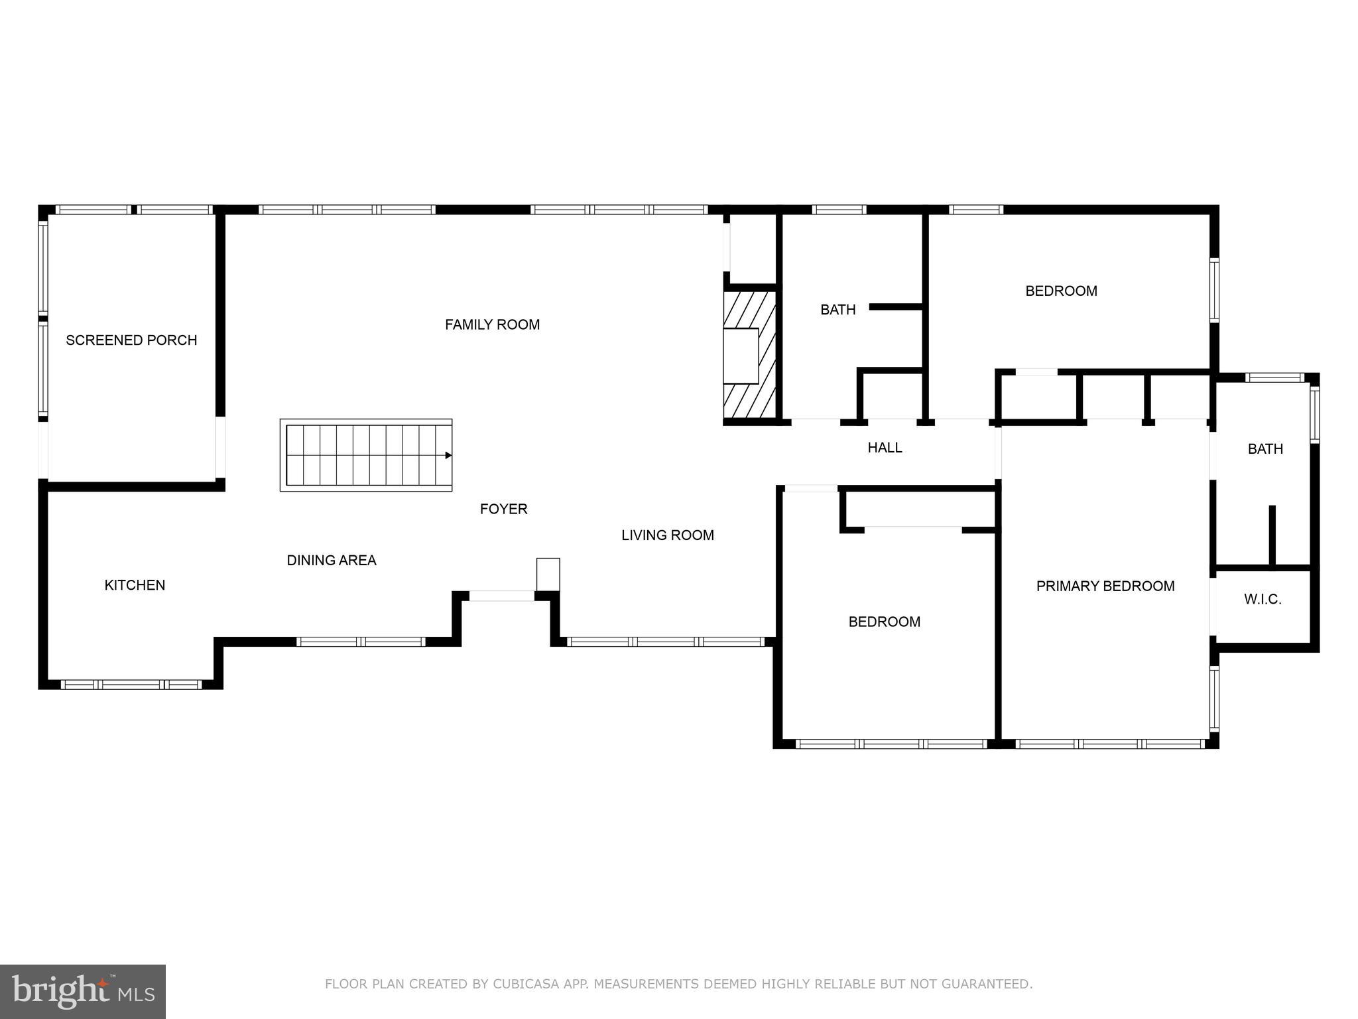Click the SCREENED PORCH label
point(131,340)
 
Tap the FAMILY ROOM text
point(492,324)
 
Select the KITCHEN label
point(135,585)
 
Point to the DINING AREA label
point(331,561)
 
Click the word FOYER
point(503,509)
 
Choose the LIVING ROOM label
point(667,535)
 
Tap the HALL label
point(885,448)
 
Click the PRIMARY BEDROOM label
point(1105,586)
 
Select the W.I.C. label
point(1262,600)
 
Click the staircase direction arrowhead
point(448,455)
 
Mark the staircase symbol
point(365,455)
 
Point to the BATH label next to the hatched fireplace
point(837,310)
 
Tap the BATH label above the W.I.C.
point(1265,449)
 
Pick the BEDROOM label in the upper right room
point(1060,291)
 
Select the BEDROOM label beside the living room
point(884,622)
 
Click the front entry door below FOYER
point(501,596)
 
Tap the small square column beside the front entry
point(548,574)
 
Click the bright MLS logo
point(83,991)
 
